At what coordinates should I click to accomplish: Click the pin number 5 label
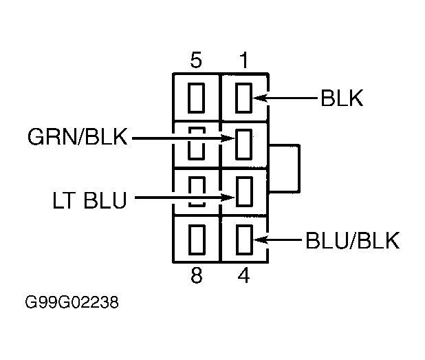(x=196, y=60)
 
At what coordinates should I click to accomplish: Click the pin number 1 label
(x=244, y=60)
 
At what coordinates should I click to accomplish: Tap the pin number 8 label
(x=197, y=275)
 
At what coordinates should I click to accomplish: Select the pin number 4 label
(x=243, y=275)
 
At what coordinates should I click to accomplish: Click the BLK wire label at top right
(x=342, y=98)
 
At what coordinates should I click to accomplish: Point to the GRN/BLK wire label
(x=78, y=136)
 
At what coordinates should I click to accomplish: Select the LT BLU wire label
(x=89, y=200)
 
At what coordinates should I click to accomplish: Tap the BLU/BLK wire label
(x=353, y=240)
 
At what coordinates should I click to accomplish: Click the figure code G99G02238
(x=72, y=302)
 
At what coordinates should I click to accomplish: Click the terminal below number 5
(x=196, y=98)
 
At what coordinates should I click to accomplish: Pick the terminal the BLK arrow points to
(x=244, y=98)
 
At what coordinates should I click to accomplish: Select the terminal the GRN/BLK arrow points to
(x=244, y=145)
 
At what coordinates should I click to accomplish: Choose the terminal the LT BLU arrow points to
(x=245, y=191)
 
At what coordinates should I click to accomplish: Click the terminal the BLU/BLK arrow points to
(x=245, y=240)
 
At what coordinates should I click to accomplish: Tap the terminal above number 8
(x=197, y=240)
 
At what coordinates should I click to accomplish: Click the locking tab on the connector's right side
(x=299, y=169)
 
